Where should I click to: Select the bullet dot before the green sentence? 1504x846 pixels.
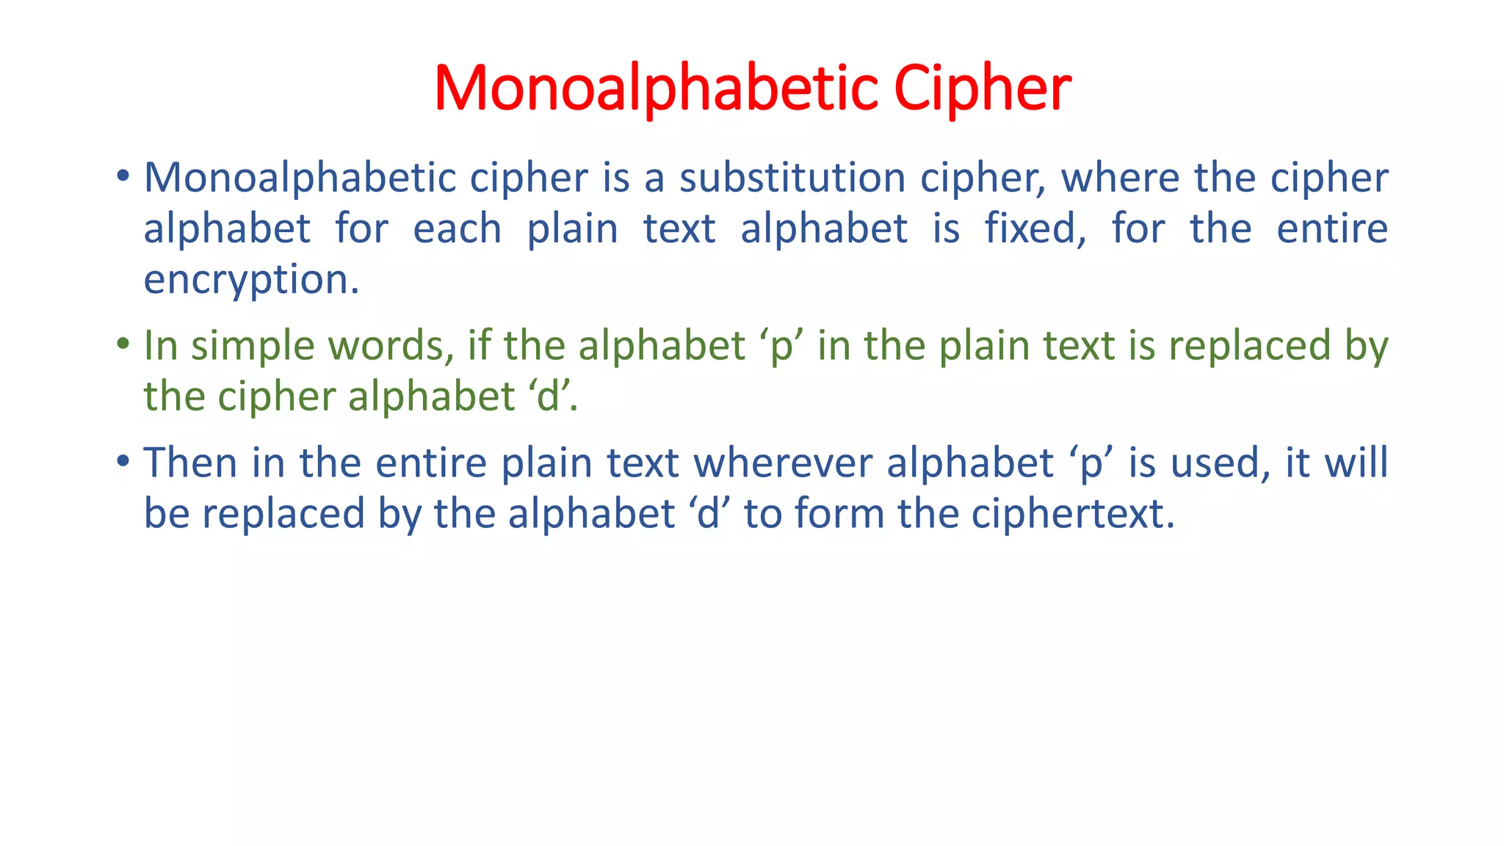[123, 344]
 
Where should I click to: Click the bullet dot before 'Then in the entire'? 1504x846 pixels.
[123, 461]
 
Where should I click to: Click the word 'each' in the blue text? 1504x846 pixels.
[457, 228]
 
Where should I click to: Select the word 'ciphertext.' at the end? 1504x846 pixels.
[1073, 514]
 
